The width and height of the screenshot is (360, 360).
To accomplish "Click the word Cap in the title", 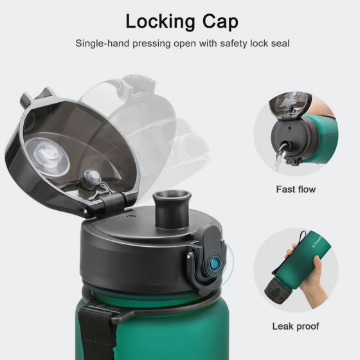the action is pyautogui.click(x=220, y=22).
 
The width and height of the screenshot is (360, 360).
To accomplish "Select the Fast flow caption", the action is pyautogui.click(x=296, y=189).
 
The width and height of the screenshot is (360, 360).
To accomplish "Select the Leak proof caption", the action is pyautogui.click(x=296, y=327).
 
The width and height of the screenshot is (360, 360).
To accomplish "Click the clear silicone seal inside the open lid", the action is pyautogui.click(x=48, y=156).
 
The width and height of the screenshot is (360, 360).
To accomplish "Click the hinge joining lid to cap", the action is pyautogui.click(x=110, y=202).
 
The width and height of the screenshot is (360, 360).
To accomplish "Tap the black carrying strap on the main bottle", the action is pyautogui.click(x=96, y=333).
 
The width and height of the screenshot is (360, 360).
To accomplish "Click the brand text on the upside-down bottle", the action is pyautogui.click(x=318, y=243).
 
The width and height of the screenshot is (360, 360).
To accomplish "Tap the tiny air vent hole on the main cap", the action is pyautogui.click(x=131, y=216).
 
